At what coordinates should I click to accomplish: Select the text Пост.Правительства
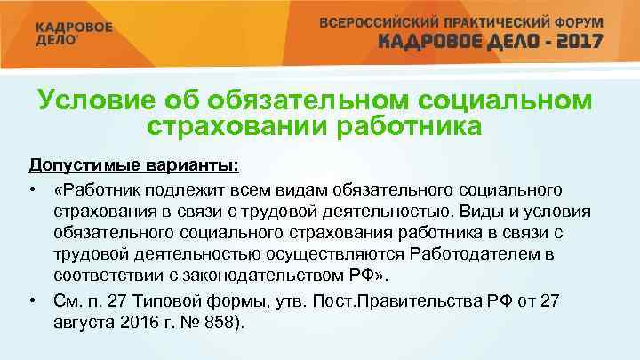(x=392, y=301)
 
